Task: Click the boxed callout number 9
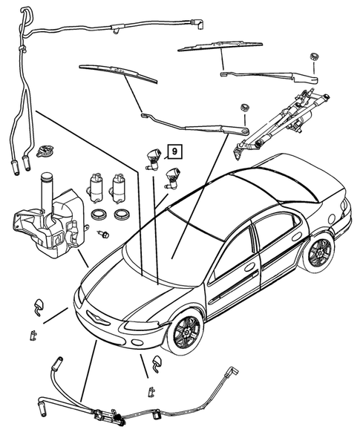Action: pos(174,151)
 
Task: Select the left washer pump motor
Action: pos(96,187)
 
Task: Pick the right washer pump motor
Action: pos(120,187)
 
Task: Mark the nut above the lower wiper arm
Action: pos(243,111)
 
